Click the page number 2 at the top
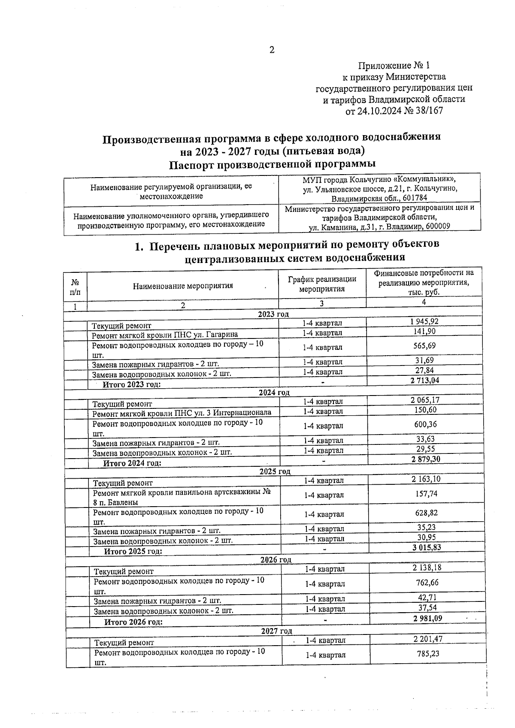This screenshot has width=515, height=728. [x=271, y=50]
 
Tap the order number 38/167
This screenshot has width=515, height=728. [x=429, y=111]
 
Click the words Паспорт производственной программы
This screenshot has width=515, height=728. [x=272, y=165]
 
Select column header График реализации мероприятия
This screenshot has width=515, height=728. [x=322, y=284]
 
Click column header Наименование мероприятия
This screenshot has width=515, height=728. [x=183, y=286]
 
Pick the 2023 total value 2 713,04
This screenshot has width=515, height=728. [x=424, y=381]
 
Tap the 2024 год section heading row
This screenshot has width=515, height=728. [x=274, y=393]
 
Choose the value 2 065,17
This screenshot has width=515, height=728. [x=425, y=400]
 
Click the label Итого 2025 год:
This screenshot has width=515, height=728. [x=133, y=551]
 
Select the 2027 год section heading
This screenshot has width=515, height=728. [x=276, y=631]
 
